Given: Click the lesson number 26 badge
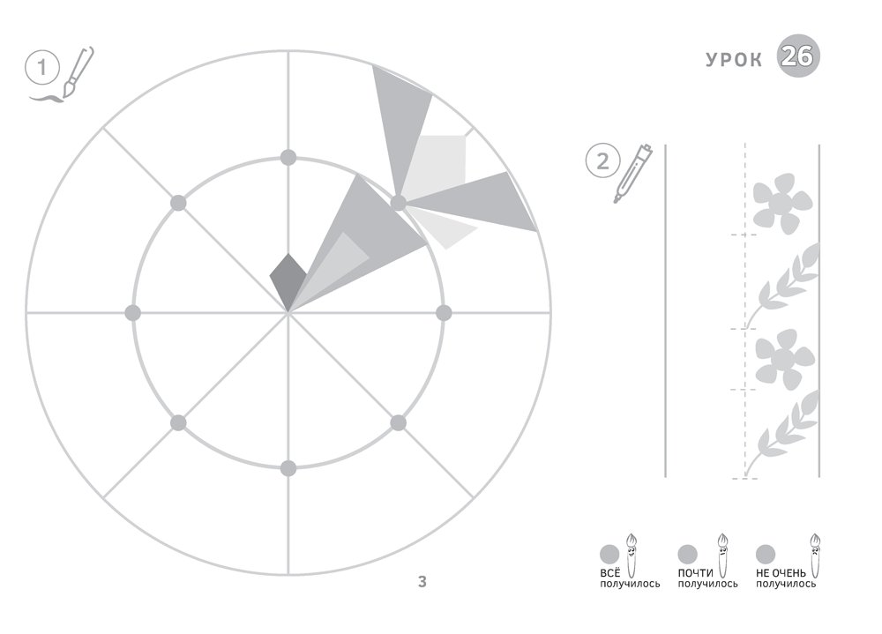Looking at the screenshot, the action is [798, 56].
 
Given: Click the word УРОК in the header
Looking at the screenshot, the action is [734, 60].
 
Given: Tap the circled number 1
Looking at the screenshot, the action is [42, 68].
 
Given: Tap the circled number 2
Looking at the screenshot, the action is [602, 160].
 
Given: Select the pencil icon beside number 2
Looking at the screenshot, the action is [632, 173].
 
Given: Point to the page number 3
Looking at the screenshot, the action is [422, 582].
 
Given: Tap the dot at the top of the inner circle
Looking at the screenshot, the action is [288, 158].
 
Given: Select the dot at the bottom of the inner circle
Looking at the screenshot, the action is [288, 468].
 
